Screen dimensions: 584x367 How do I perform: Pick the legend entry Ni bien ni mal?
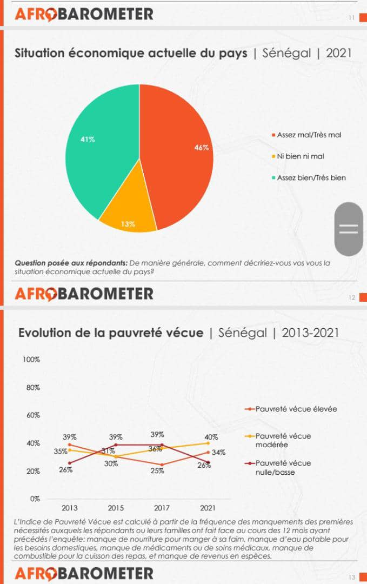coord(301,156)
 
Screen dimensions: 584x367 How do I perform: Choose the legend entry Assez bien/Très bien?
coord(311,177)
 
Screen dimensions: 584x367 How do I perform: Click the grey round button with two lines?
coord(349,229)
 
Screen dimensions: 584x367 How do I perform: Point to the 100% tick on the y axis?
coord(31,360)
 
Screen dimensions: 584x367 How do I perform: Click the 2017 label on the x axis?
coord(162,508)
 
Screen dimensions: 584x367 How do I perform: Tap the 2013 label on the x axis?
coord(69,508)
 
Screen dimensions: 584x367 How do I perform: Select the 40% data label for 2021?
coord(211,437)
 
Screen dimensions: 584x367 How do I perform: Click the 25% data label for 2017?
coord(157,471)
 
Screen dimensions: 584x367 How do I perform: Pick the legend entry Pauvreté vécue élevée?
coord(296,409)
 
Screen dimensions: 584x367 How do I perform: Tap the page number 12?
coord(352,297)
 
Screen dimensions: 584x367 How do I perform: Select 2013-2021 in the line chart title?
coord(310,332)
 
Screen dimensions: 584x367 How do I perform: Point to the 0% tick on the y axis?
coord(35,499)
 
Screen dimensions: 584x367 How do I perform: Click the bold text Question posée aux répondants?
coord(71,263)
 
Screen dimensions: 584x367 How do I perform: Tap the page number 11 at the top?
coord(351,18)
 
